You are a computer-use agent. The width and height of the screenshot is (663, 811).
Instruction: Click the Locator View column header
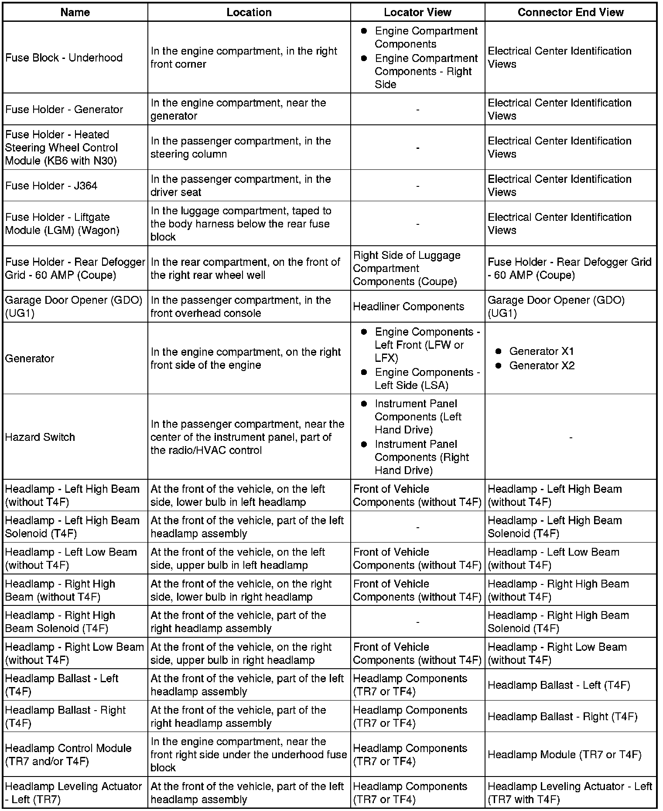[x=417, y=12]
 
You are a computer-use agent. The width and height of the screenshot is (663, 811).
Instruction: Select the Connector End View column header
[x=571, y=12]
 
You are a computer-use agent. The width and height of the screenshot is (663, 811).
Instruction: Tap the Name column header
[x=75, y=12]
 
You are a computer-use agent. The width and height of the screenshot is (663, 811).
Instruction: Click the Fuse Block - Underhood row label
[x=64, y=58]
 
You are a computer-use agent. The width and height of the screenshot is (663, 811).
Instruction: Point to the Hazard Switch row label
[x=40, y=437]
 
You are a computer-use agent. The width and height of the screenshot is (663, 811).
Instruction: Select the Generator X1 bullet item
[x=541, y=351]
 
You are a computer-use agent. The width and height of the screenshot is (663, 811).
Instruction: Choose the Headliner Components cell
[x=408, y=306]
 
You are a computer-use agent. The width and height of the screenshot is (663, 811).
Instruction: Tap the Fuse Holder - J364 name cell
[x=51, y=186]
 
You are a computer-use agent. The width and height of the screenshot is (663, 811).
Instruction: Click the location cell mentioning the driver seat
[x=241, y=186]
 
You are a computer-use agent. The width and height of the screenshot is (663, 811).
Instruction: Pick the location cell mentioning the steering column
[x=241, y=148]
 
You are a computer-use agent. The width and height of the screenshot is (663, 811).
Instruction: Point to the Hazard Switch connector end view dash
[x=571, y=437]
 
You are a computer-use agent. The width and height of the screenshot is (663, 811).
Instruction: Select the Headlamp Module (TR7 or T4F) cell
[x=564, y=755]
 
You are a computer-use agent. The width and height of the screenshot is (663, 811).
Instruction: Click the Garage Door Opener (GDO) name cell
[x=74, y=306]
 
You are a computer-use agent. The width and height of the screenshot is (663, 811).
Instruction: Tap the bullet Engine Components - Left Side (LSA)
[x=427, y=378]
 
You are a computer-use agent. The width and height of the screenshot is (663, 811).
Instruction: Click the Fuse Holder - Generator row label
[x=64, y=109]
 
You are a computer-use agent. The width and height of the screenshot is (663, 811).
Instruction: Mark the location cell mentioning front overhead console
[x=241, y=306]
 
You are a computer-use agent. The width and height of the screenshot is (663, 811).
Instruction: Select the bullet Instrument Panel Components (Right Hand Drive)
[x=422, y=457]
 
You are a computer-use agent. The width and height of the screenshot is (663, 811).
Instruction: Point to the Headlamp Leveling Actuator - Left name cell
[x=74, y=793]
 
